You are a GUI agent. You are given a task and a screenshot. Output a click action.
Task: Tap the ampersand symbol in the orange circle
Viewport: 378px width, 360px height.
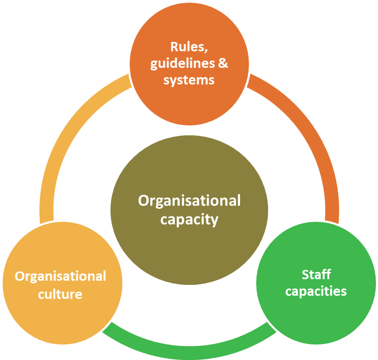coord(222,64)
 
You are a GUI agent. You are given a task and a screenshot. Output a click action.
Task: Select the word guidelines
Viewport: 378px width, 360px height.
coord(182,64)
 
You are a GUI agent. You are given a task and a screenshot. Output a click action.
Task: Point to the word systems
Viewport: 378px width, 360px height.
coord(189,80)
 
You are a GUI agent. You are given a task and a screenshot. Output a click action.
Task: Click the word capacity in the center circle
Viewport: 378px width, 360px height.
coord(189,220)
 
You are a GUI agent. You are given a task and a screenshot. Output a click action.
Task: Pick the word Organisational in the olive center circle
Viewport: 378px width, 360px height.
coord(189,200)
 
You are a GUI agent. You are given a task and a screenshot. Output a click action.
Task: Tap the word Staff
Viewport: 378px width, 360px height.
coord(316,274)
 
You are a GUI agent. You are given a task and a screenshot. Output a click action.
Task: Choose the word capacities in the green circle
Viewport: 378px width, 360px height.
coord(316,291)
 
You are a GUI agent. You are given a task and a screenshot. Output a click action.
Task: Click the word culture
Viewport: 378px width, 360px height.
coord(60,294)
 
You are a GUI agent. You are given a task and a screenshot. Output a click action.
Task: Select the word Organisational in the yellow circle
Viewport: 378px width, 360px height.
coord(60,276)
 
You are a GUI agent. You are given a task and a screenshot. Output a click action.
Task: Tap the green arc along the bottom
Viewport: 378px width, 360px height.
coord(189,348)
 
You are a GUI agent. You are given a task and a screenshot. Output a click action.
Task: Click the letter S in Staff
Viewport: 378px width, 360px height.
coord(305,274)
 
